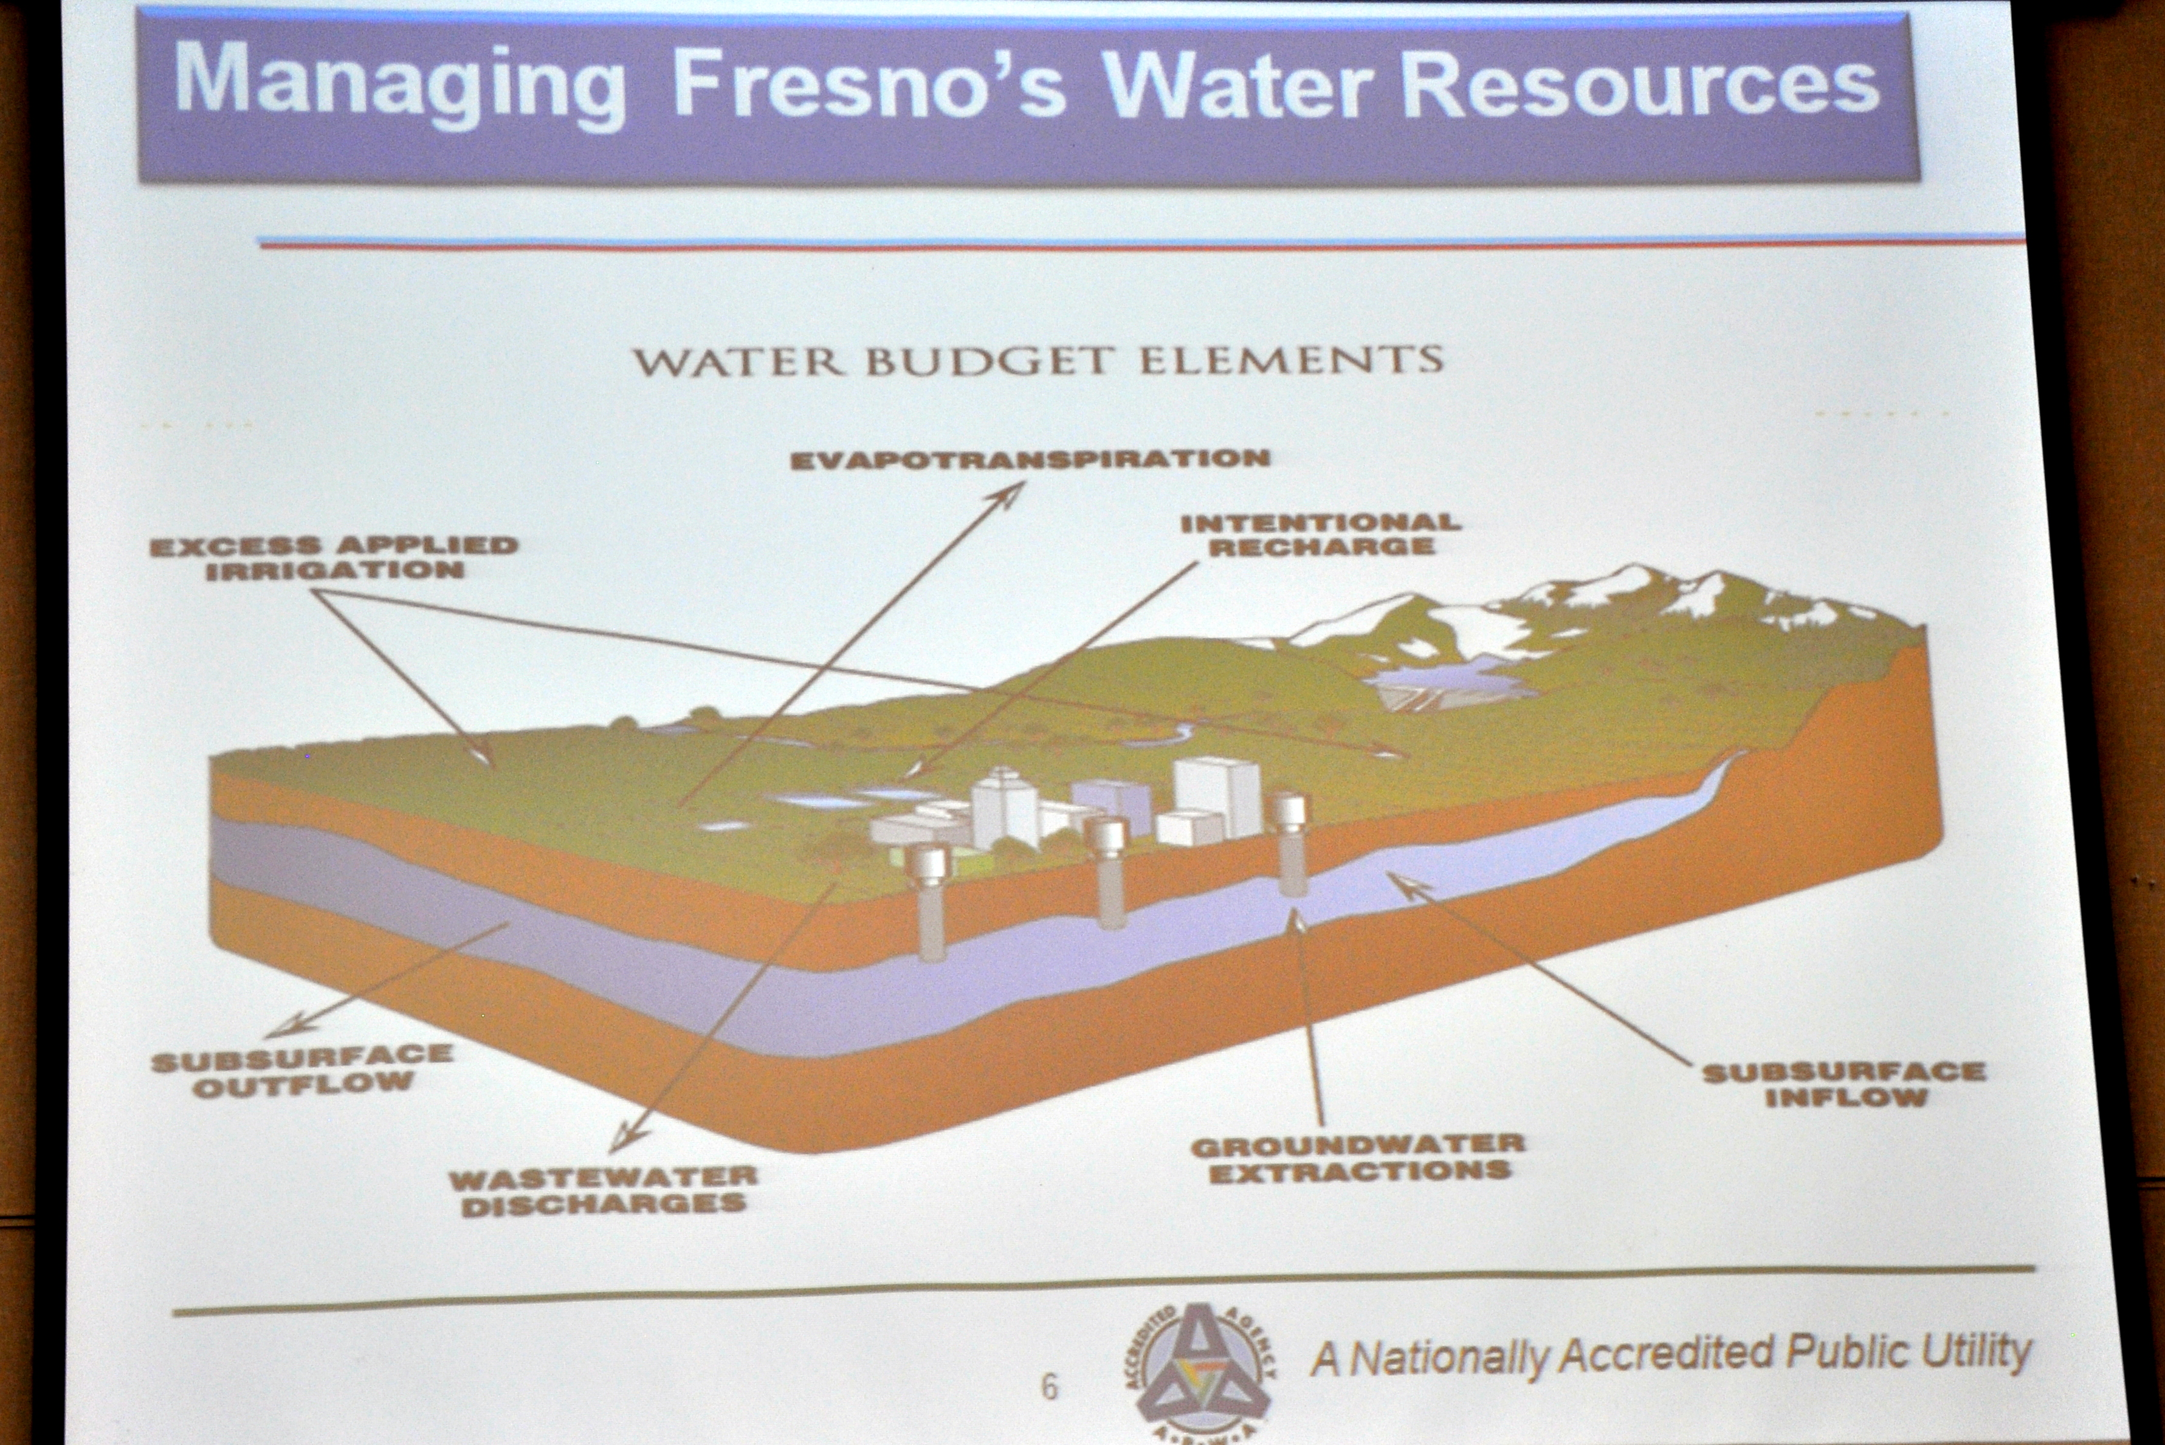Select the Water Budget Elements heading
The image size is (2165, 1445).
pyautogui.click(x=1038, y=360)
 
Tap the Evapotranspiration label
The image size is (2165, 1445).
pyautogui.click(x=1030, y=459)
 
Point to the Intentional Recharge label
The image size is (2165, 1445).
pyautogui.click(x=1321, y=535)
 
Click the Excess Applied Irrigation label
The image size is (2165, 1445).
pyautogui.click(x=334, y=558)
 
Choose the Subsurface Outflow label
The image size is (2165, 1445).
pyautogui.click(x=302, y=1071)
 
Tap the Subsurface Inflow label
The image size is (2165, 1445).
pyautogui.click(x=1843, y=1085)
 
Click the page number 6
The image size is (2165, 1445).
pyautogui.click(x=1049, y=1386)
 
